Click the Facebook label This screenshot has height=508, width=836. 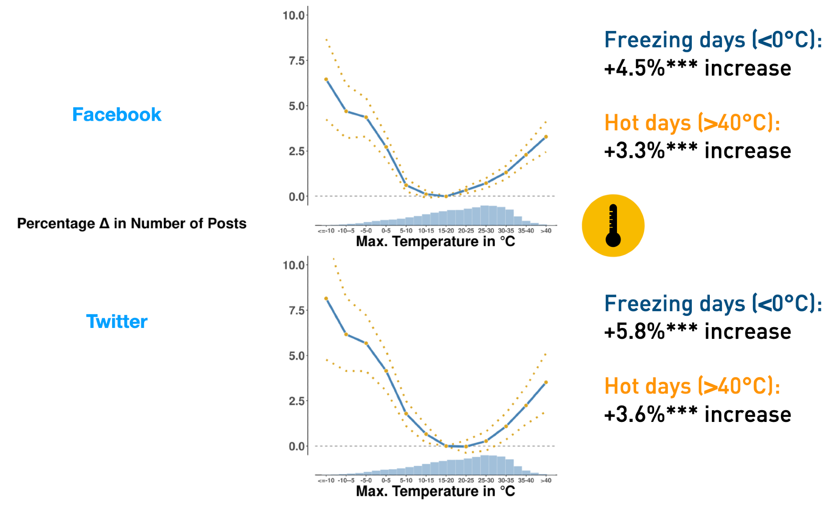(x=117, y=114)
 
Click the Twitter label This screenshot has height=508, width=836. (x=117, y=322)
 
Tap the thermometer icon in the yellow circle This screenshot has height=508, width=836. (x=613, y=226)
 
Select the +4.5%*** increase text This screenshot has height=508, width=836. (x=697, y=68)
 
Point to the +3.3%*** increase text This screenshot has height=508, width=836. (x=697, y=151)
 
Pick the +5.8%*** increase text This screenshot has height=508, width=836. (x=697, y=332)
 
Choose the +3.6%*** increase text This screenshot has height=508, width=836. (x=697, y=414)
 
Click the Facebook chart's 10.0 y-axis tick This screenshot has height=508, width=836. (x=293, y=15)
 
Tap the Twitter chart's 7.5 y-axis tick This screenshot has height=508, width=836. (x=296, y=310)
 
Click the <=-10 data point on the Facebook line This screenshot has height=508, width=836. (x=326, y=79)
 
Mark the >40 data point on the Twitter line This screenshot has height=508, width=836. (x=546, y=382)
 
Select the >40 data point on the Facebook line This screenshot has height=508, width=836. (x=546, y=137)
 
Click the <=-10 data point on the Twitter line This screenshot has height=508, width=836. (x=326, y=298)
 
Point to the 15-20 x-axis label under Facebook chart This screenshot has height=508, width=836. (x=446, y=231)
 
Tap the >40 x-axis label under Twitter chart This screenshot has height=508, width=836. (x=546, y=480)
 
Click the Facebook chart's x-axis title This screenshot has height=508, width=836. (x=435, y=241)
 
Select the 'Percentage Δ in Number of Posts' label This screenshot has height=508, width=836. (x=132, y=224)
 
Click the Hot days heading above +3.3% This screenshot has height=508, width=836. (x=692, y=123)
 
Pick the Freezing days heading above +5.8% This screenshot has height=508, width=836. (x=713, y=303)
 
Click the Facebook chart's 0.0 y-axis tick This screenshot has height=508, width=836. (x=296, y=197)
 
